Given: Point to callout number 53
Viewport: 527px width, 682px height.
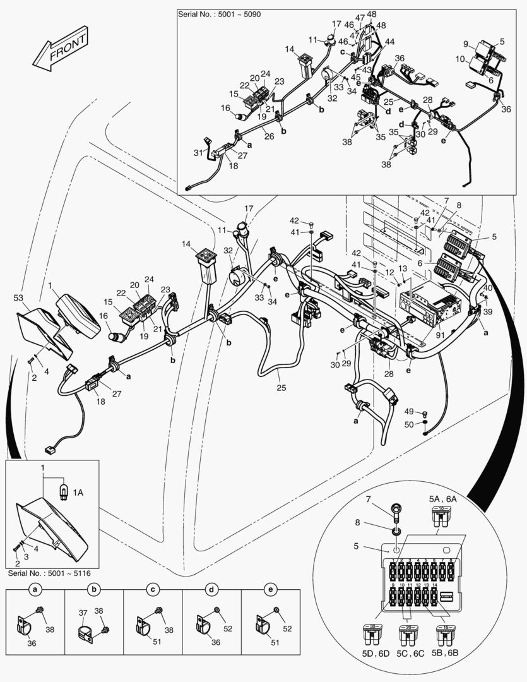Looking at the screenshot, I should coord(18,297).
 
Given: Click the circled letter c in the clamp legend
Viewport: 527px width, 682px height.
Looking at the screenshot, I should coord(153,589).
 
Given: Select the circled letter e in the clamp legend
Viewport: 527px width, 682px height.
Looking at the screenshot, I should coord(271,589).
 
